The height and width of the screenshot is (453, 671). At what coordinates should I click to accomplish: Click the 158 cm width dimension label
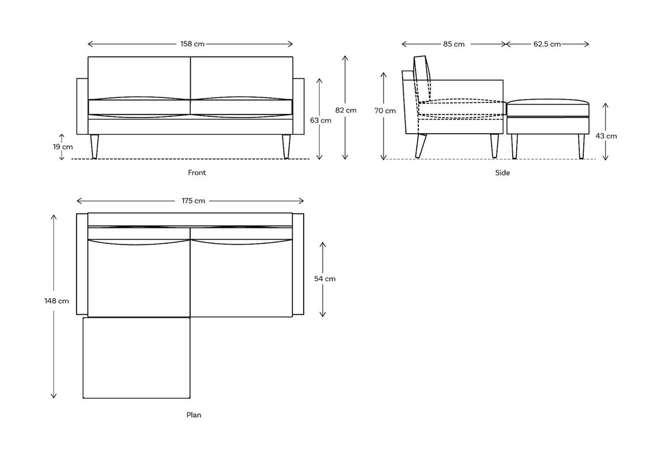point(191,44)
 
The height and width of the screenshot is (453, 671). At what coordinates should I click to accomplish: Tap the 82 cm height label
point(346,110)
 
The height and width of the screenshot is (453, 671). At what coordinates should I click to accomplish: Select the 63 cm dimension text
point(320,120)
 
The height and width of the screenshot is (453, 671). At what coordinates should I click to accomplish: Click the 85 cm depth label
point(453,44)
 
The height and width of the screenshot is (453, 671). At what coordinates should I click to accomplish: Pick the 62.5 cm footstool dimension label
point(547,44)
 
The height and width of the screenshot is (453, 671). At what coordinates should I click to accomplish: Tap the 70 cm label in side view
point(385,111)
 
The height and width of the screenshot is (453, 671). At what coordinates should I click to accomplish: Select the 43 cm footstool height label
point(607,136)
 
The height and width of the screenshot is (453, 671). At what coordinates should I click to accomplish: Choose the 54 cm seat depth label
point(324,279)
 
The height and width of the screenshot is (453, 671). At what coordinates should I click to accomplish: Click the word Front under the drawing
point(197,173)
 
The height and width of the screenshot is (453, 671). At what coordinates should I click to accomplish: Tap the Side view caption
point(502,173)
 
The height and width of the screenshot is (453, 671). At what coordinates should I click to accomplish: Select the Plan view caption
point(193,415)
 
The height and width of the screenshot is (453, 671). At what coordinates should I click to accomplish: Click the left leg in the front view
point(94,147)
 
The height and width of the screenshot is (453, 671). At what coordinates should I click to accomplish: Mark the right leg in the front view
point(286,147)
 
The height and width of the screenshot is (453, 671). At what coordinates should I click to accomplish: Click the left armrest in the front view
point(82,106)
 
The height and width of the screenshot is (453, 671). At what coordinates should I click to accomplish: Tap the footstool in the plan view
point(136,358)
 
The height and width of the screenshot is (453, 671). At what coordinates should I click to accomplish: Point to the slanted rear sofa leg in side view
point(420,146)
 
